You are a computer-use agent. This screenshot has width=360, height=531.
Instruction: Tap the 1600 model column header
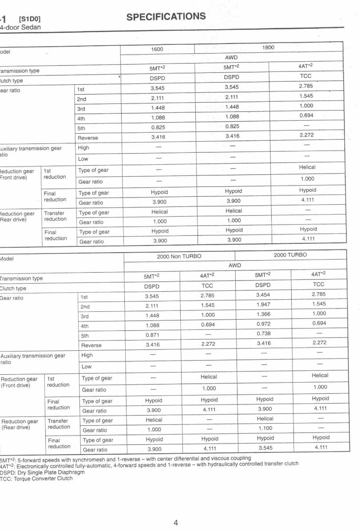158,48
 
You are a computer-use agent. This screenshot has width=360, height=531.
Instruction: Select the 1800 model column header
268,47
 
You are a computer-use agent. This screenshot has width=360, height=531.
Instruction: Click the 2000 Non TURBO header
179,256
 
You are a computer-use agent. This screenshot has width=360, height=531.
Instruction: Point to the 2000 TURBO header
290,255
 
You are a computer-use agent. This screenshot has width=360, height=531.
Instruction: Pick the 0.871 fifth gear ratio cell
153,335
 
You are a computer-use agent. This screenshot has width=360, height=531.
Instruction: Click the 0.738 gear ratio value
263,333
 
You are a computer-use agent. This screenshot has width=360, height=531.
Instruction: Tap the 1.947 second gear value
263,304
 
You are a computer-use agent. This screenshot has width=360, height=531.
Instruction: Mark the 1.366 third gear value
263,314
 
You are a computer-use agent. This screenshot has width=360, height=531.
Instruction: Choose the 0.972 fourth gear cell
263,324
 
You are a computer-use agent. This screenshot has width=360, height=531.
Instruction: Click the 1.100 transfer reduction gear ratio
265,428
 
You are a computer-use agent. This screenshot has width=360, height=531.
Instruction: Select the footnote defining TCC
36,479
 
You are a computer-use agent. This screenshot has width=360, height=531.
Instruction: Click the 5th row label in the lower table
85,336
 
